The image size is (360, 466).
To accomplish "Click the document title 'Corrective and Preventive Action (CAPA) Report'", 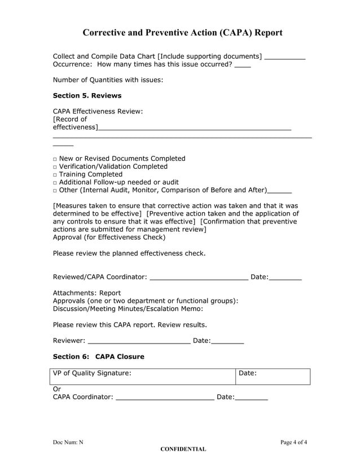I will click(x=182, y=33).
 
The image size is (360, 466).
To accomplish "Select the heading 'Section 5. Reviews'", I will click(x=87, y=95).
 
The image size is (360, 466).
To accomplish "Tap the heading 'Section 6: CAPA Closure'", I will click(x=98, y=357).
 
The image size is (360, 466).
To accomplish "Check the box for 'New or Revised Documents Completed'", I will click(x=55, y=159).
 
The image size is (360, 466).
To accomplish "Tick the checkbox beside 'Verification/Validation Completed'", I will click(x=55, y=167).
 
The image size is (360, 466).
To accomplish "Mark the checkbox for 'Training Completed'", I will click(x=55, y=175).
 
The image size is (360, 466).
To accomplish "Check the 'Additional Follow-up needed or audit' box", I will click(x=55, y=183).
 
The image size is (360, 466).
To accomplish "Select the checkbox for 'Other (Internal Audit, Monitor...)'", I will click(x=55, y=191).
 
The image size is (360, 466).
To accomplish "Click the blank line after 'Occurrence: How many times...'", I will click(x=243, y=65).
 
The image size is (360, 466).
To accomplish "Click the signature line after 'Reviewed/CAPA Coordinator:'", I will click(x=199, y=278).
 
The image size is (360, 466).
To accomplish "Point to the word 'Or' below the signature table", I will click(x=56, y=389).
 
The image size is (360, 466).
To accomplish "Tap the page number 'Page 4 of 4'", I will click(x=293, y=442).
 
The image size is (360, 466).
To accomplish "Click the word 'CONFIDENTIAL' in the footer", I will click(x=183, y=449).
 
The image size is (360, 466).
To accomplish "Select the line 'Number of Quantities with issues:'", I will click(x=108, y=80).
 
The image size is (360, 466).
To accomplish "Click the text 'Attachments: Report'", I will click(x=86, y=293).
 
